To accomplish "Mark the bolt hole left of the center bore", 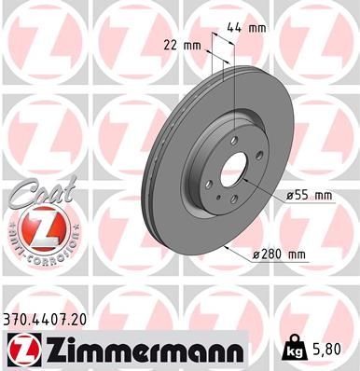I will [x=209, y=184].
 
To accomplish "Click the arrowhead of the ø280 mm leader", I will [x=227, y=247].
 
